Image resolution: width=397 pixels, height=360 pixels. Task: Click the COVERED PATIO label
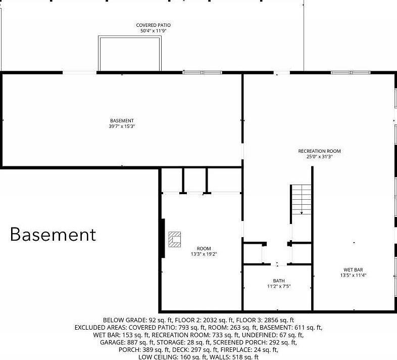click(x=154, y=25)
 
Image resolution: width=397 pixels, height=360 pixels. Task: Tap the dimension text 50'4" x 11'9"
click(x=154, y=31)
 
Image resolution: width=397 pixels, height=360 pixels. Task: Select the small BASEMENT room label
click(x=122, y=121)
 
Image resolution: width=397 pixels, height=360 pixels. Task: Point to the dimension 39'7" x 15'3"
click(x=122, y=126)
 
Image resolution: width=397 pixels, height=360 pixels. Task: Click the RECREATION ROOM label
click(x=320, y=151)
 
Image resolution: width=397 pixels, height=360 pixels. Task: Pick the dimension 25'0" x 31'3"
click(x=320, y=157)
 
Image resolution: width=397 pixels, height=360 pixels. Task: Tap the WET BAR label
click(x=353, y=269)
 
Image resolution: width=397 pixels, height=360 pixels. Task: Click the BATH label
click(x=279, y=281)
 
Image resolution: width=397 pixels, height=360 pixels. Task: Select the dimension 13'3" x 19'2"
click(x=204, y=254)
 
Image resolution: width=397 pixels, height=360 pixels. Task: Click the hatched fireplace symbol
click(x=175, y=240)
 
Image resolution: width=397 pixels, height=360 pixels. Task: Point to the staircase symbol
click(x=301, y=200)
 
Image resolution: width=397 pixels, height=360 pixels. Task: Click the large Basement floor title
click(x=53, y=234)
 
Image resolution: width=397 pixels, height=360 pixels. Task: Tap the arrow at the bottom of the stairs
click(x=302, y=213)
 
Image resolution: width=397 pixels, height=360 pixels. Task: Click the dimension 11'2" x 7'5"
click(x=279, y=287)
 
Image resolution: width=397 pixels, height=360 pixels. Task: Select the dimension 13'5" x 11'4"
click(x=353, y=276)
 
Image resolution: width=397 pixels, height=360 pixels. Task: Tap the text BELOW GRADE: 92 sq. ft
click(x=138, y=320)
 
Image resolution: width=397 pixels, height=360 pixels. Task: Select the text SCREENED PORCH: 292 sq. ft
click(x=255, y=342)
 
